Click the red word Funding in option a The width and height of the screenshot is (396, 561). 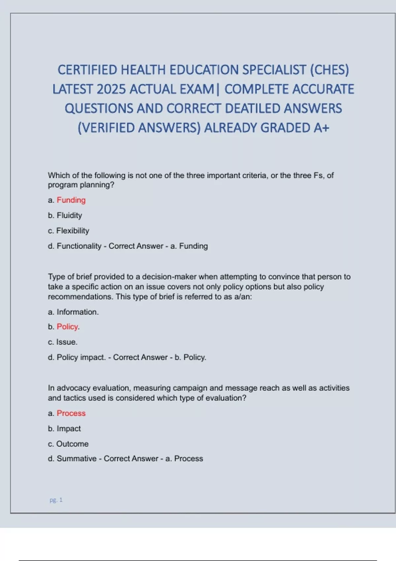71,200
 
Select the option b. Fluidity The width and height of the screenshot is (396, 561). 65,215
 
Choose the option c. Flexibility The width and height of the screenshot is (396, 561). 69,231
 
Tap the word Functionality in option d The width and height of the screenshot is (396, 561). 79,246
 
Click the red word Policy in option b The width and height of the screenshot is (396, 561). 67,327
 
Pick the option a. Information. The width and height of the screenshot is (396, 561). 73,312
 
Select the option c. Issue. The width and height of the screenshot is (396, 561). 63,342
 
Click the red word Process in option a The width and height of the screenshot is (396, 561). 71,413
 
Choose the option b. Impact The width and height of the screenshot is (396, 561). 64,428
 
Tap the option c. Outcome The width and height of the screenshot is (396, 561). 68,444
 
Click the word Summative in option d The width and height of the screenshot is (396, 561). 77,459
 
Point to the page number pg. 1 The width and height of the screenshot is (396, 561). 56,500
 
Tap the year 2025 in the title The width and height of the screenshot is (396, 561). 112,89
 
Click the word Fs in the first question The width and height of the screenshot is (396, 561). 318,175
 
